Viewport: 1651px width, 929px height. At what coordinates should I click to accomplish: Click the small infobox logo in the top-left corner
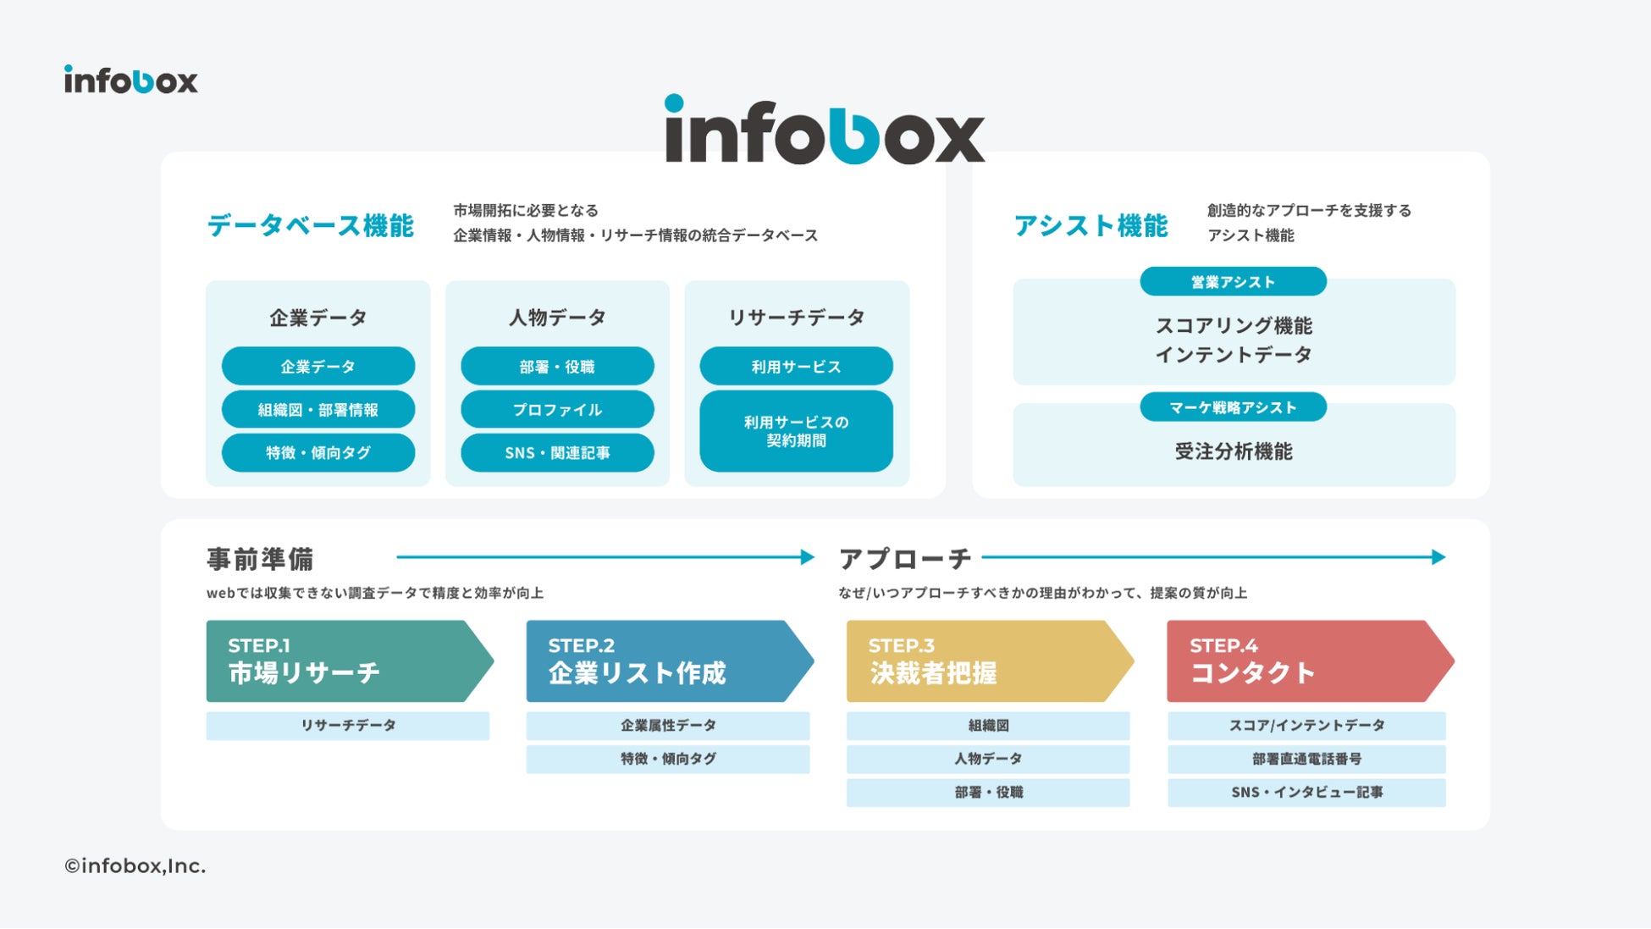(x=130, y=80)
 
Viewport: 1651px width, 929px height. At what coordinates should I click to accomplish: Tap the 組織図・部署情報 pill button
(x=318, y=410)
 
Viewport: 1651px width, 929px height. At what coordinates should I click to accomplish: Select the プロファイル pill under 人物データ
(x=557, y=410)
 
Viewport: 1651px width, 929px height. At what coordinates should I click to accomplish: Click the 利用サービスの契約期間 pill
(x=796, y=431)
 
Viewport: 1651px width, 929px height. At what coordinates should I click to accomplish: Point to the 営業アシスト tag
(x=1233, y=282)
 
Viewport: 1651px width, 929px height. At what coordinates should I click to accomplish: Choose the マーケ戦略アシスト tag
(x=1233, y=407)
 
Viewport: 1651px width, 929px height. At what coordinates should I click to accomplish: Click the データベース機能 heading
(x=310, y=225)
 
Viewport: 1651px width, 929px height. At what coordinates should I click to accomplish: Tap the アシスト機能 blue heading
(x=1091, y=225)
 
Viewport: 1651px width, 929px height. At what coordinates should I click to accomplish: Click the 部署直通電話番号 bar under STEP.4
(x=1306, y=759)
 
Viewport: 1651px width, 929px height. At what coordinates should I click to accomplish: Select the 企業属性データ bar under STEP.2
(x=667, y=726)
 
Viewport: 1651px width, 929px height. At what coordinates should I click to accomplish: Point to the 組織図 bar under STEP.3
(x=987, y=726)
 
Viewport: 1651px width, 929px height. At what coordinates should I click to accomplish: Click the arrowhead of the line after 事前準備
(x=808, y=557)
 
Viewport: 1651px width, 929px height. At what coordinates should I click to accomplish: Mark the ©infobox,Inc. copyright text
(x=135, y=866)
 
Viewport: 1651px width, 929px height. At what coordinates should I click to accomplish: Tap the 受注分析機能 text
(x=1234, y=451)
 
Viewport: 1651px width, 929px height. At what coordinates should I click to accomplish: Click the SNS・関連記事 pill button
(x=557, y=453)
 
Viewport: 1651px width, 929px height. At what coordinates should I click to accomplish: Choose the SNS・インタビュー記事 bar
(x=1306, y=793)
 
